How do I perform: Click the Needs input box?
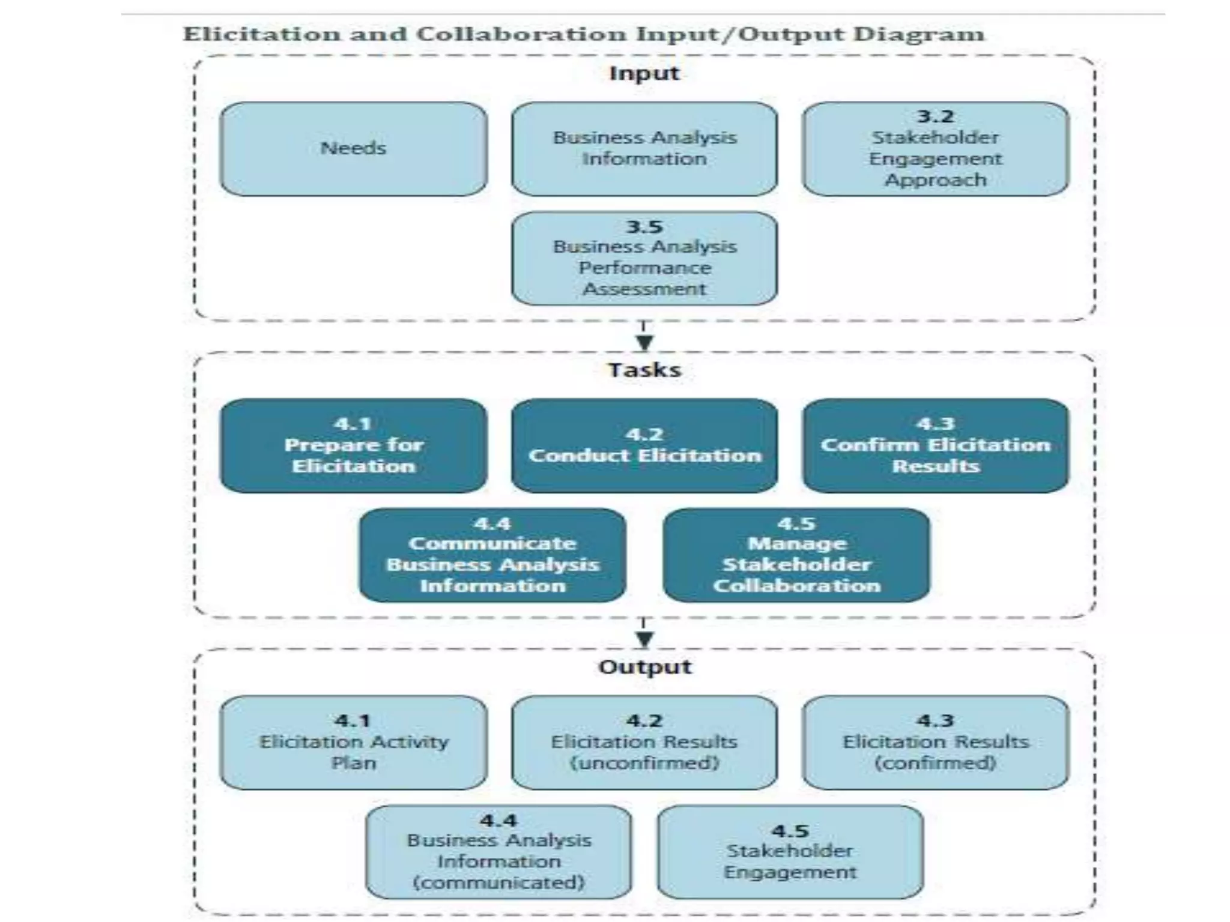pyautogui.click(x=353, y=149)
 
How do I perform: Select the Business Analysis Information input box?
pyautogui.click(x=644, y=149)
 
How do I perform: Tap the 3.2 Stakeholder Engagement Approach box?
pyautogui.click(x=935, y=149)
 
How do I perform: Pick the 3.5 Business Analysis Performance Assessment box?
pyautogui.click(x=644, y=259)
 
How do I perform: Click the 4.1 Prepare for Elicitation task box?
pyautogui.click(x=353, y=445)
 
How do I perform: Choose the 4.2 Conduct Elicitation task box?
pyautogui.click(x=644, y=445)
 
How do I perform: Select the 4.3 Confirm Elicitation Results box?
pyautogui.click(x=935, y=445)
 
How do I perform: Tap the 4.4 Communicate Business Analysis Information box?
pyautogui.click(x=492, y=555)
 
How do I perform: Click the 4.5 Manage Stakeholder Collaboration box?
pyautogui.click(x=796, y=555)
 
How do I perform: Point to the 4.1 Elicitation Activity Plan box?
pyautogui.click(x=353, y=743)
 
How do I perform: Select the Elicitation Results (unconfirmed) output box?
pyautogui.click(x=644, y=743)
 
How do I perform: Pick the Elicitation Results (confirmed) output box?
pyautogui.click(x=935, y=743)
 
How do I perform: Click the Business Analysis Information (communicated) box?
pyautogui.click(x=498, y=852)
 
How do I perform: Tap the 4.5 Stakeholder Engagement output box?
pyautogui.click(x=790, y=852)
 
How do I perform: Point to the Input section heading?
pyautogui.click(x=644, y=73)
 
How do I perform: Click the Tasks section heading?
pyautogui.click(x=644, y=370)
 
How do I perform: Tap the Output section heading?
pyautogui.click(x=644, y=667)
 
